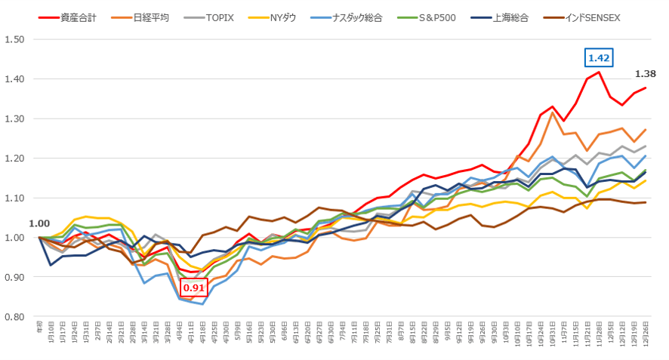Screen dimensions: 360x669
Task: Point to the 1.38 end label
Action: [x=646, y=74]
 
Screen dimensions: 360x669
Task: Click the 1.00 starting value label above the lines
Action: [x=39, y=224]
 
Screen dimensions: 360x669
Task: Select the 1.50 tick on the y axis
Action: [x=14, y=39]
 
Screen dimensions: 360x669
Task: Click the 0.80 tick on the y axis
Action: [x=14, y=317]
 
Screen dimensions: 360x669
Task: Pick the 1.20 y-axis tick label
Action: [x=14, y=158]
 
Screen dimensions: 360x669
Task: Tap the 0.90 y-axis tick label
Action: [x=14, y=277]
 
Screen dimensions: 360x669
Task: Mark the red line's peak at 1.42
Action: [x=599, y=72]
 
